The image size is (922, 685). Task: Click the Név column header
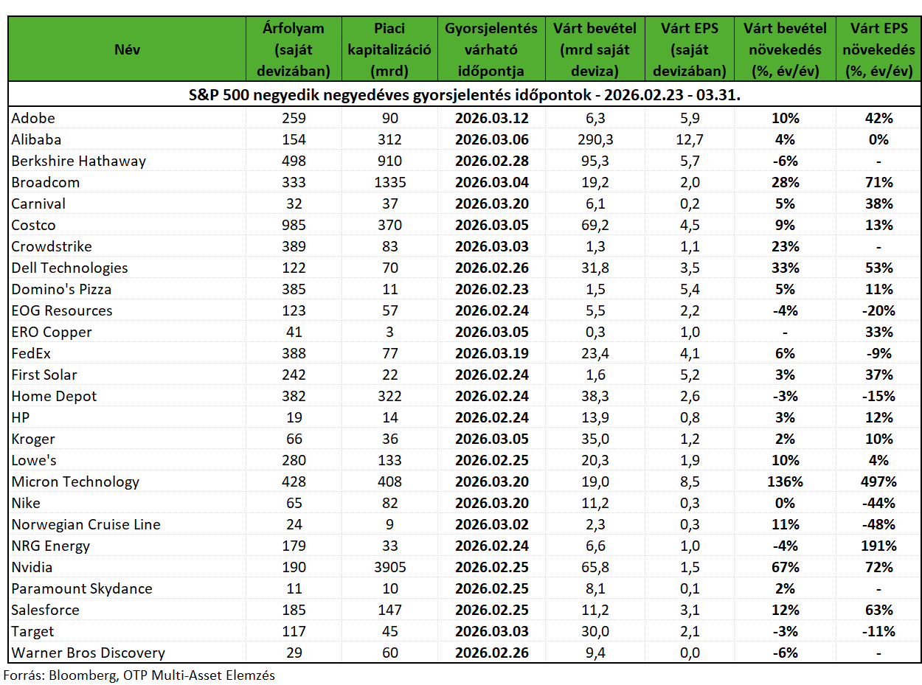coord(127,49)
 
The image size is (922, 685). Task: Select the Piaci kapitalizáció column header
coord(389,49)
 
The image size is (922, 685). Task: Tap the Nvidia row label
coord(32,567)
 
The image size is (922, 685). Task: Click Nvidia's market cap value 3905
coord(389,567)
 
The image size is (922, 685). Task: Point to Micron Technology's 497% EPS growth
coord(878,481)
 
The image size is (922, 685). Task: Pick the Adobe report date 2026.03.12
coord(491,118)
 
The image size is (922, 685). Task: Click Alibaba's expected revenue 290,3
coord(595,139)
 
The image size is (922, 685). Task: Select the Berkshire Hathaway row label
coord(79,161)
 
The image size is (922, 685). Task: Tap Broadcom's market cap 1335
coord(389,182)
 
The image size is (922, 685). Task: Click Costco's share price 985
coord(294,225)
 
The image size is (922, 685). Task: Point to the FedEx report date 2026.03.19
coord(491,353)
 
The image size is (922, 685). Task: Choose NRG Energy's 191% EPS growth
coord(878,546)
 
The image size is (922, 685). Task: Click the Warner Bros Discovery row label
coord(88,653)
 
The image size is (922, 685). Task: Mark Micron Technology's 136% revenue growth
coord(785,481)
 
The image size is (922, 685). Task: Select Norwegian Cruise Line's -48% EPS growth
coord(878,524)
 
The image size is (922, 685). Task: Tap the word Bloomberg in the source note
coord(83,675)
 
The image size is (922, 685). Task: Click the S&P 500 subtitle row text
coord(465,95)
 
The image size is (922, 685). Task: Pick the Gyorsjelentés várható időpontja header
coord(491,49)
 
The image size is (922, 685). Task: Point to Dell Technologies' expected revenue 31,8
coord(595,268)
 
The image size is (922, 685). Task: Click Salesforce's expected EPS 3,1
coord(690,610)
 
